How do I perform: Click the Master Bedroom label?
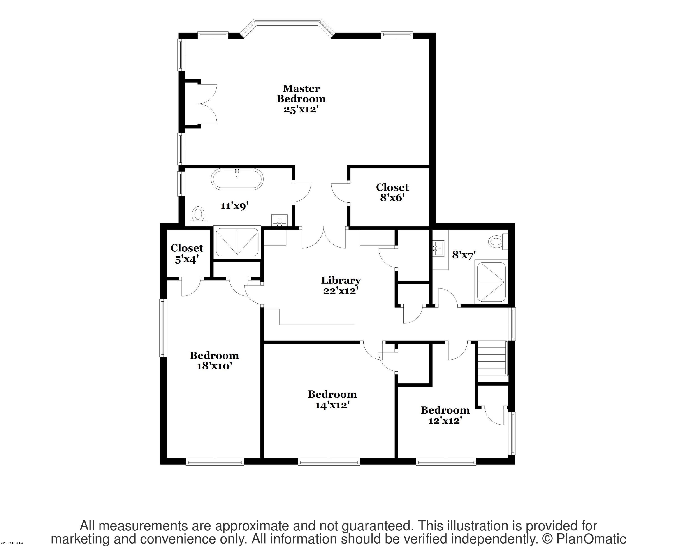[x=301, y=93]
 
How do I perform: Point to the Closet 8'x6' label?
[x=392, y=192]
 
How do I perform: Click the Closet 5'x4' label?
[x=187, y=253]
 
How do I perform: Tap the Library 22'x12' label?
[x=341, y=285]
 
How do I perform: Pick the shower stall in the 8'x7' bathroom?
[x=491, y=282]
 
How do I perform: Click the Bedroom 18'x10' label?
[x=214, y=360]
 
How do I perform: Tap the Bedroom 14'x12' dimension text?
[x=332, y=405]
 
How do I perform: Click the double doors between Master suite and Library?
[x=323, y=238]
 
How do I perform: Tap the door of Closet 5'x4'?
[x=191, y=287]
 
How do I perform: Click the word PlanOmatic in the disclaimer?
[x=587, y=539]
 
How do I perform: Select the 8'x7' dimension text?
[x=464, y=255]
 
